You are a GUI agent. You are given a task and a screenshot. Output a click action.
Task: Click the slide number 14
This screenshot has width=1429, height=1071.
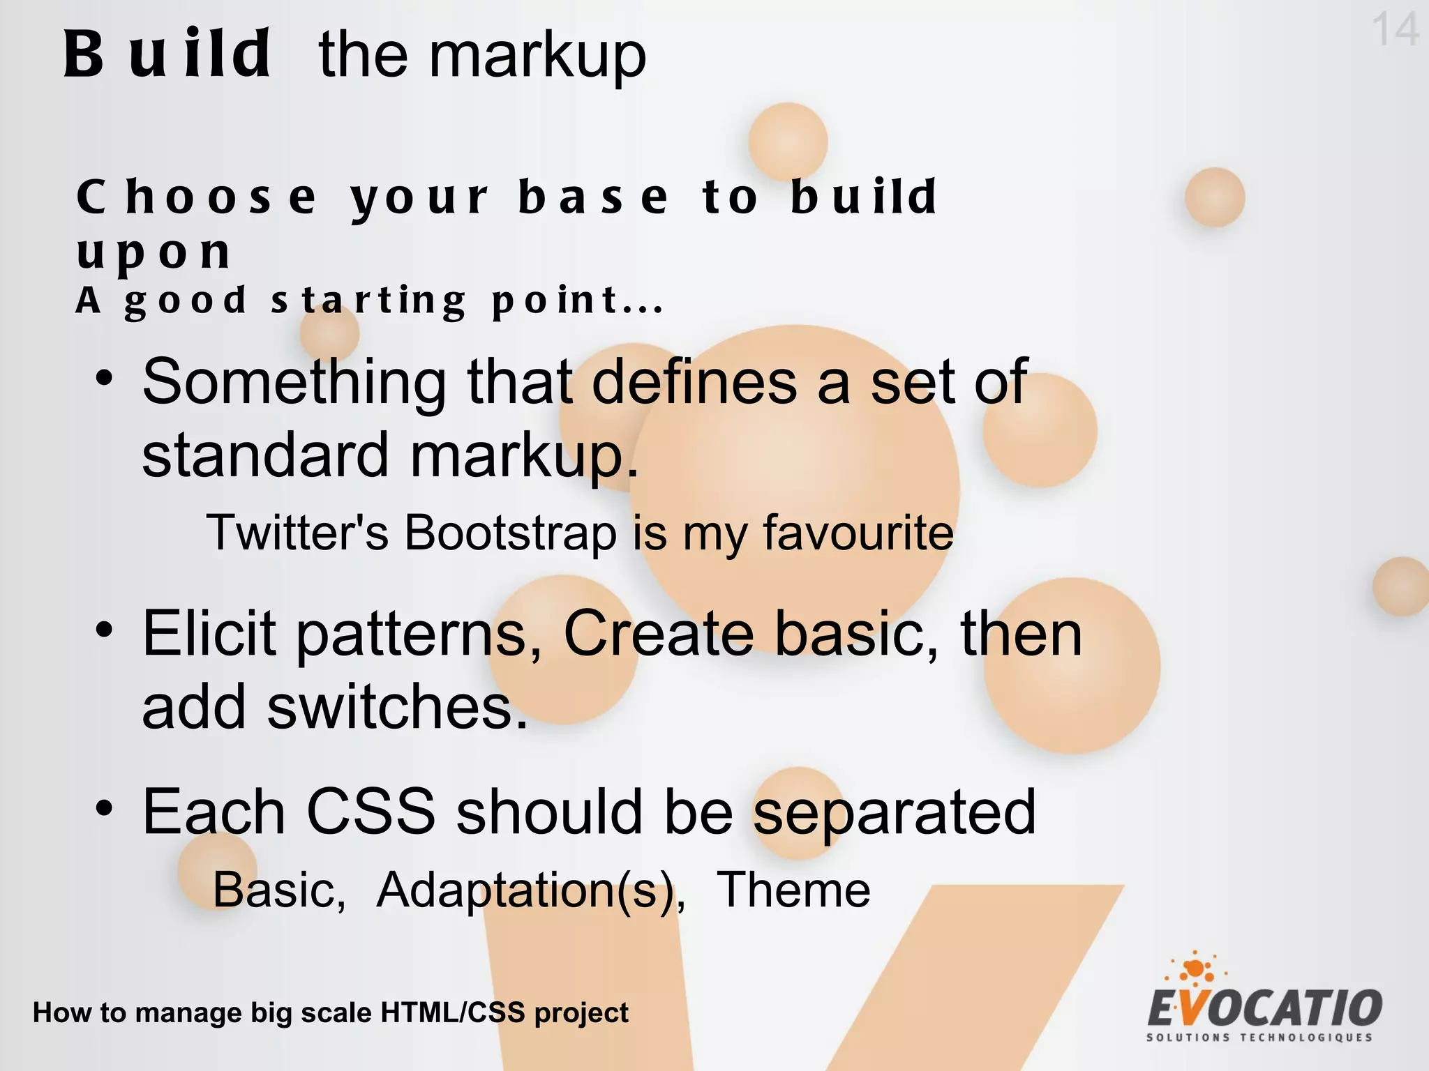tap(1395, 30)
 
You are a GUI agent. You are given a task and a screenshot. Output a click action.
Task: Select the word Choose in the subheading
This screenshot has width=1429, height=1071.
tap(196, 197)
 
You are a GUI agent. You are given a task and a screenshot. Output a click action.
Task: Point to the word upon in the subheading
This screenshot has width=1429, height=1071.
tap(154, 252)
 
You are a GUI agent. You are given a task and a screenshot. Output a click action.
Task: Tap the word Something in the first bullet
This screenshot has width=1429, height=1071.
tap(294, 382)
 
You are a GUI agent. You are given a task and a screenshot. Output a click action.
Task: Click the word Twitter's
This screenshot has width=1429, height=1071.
tap(297, 533)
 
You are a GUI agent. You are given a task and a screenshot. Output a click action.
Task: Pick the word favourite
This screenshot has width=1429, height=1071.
tap(858, 533)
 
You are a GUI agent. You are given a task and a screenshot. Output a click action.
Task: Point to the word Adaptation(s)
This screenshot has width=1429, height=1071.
tap(530, 890)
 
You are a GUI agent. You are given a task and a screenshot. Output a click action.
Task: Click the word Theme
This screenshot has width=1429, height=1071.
tap(793, 890)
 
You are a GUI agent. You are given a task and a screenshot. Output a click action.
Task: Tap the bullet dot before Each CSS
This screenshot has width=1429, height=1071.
tap(104, 809)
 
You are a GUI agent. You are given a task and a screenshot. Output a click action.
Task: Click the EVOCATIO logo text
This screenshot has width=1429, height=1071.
tap(1264, 1008)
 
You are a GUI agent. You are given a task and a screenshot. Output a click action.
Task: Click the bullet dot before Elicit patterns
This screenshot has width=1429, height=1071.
tap(104, 630)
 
